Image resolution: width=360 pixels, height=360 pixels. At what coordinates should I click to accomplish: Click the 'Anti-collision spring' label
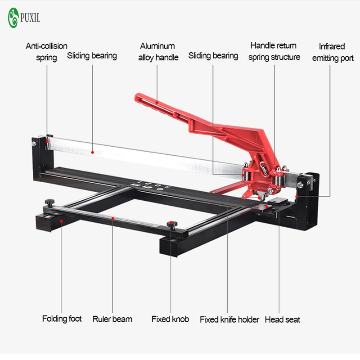[x=46, y=51]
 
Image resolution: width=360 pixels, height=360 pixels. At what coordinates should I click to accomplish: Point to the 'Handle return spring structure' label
[x=274, y=51]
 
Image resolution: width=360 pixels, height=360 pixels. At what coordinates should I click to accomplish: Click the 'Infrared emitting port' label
[x=333, y=52]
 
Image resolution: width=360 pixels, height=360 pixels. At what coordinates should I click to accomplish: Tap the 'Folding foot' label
[x=62, y=319]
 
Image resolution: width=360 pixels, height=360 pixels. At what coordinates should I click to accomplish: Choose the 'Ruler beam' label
[x=112, y=319]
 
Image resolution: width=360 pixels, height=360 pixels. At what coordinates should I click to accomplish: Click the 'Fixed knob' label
[x=170, y=319]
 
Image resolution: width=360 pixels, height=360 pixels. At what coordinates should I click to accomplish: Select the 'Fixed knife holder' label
[x=229, y=319]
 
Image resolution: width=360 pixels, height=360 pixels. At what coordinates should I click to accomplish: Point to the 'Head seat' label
[x=282, y=319]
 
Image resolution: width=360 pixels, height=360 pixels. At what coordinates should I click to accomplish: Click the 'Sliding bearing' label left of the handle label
[x=92, y=56]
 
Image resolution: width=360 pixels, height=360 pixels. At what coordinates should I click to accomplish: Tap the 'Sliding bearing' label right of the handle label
[x=213, y=56]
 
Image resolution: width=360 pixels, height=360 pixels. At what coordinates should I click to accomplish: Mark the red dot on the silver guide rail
[x=92, y=153]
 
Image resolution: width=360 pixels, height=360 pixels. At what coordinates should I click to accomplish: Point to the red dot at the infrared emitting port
[x=297, y=196]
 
